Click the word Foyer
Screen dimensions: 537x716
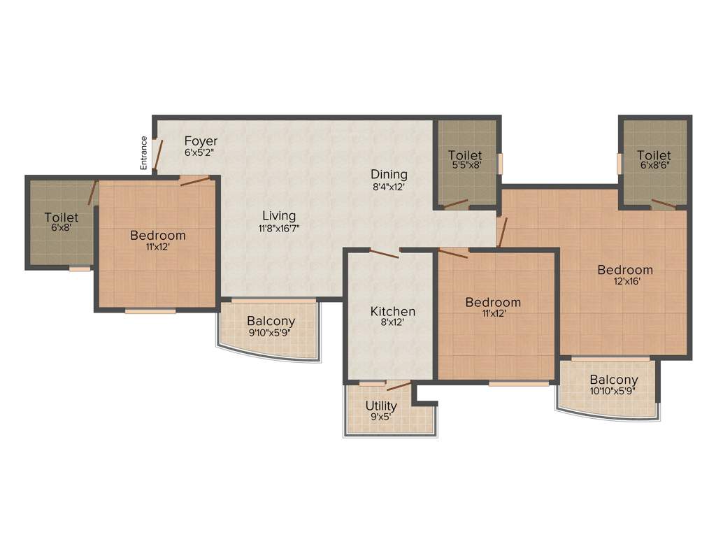coord(201,141)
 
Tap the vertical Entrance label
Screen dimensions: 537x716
coord(144,153)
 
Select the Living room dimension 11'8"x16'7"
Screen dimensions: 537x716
coord(279,228)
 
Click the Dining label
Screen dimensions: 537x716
coord(389,174)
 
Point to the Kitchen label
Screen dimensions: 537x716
coord(393,311)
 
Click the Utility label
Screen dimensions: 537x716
coord(381,406)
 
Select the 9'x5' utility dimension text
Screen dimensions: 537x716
coord(381,417)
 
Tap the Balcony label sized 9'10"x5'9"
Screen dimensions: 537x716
coord(271,322)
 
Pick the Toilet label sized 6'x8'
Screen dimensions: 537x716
coord(62,217)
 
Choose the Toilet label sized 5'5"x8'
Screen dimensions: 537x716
coord(465,155)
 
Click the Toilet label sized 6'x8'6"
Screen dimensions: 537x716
coord(654,155)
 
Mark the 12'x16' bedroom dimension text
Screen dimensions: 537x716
coord(624,282)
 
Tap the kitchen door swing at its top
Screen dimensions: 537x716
coord(384,254)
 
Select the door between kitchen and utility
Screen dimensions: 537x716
coord(398,385)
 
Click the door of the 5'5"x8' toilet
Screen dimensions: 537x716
coord(456,204)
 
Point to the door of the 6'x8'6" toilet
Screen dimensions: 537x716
coord(663,204)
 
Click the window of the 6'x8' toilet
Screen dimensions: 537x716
coord(79,268)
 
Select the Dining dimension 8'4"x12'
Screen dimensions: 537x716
coord(388,187)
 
